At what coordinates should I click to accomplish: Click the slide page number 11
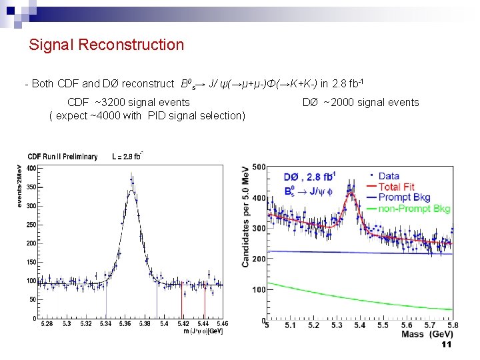tap(447, 345)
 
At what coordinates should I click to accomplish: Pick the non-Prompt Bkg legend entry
tap(414, 209)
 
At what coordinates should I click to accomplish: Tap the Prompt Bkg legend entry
tap(404, 198)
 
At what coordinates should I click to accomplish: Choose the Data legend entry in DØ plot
tap(389, 177)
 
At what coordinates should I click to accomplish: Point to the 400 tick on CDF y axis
tap(31, 168)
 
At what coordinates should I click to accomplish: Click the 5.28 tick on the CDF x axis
tap(47, 325)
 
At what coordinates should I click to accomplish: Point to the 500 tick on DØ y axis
tap(257, 167)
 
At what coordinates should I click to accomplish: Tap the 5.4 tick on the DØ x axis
tap(359, 325)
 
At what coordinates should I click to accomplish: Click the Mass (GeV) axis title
tap(427, 334)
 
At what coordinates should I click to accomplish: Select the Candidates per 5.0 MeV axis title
tap(246, 217)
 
